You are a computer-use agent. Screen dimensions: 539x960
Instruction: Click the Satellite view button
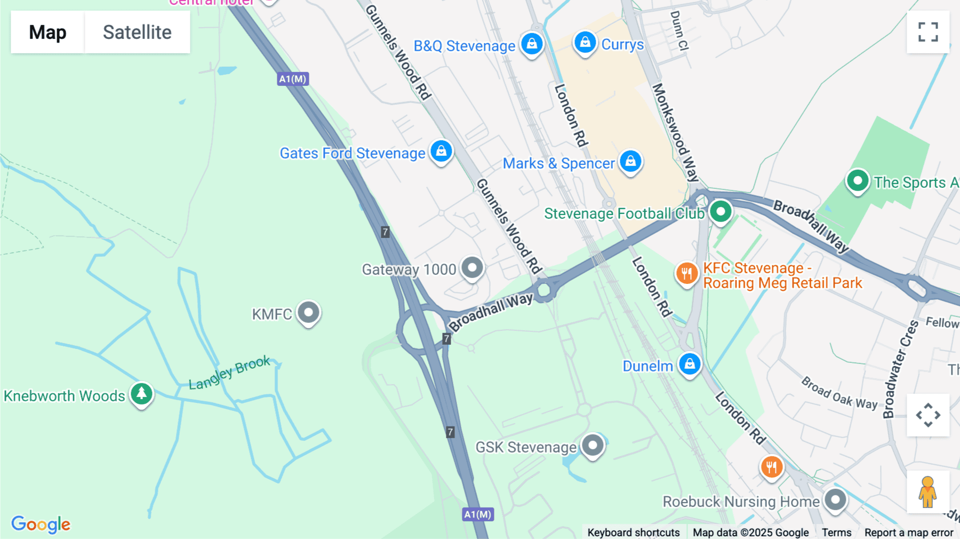(137, 32)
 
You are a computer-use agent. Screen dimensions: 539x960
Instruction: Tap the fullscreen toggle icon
(928, 32)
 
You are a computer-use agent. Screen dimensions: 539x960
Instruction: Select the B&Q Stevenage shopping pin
(532, 44)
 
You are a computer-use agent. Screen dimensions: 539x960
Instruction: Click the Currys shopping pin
(585, 42)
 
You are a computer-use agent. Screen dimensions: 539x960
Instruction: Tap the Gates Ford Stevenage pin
(441, 152)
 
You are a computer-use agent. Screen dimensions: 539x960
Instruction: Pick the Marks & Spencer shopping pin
(630, 161)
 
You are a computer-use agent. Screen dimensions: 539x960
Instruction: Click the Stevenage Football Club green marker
(721, 211)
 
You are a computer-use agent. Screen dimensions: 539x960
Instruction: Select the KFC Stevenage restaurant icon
(686, 274)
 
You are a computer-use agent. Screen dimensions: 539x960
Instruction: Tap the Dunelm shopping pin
(690, 364)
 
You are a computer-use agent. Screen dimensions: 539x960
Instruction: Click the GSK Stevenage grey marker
(593, 445)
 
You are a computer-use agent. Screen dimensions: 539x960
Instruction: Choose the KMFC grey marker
(308, 312)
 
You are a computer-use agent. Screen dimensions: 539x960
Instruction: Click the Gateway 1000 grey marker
(472, 267)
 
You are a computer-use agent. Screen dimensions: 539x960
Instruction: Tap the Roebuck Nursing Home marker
(835, 500)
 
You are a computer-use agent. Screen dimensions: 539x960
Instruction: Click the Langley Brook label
(229, 372)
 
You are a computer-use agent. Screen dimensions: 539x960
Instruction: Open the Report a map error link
(908, 532)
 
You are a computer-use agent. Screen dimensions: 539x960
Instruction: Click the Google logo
(41, 524)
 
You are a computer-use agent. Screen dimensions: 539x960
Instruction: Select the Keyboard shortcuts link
(633, 532)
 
